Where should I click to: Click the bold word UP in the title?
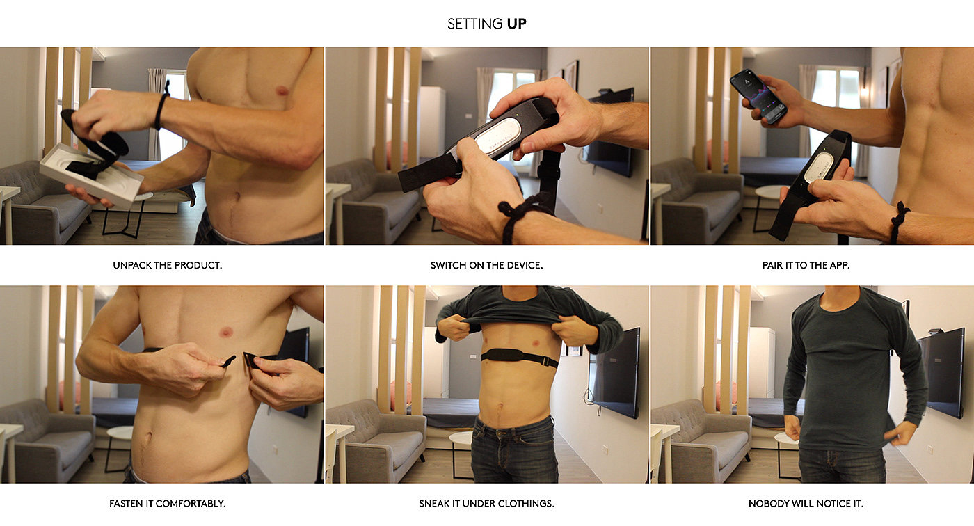click(516, 24)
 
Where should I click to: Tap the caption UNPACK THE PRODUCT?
click(168, 265)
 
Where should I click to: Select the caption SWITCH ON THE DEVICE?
click(486, 265)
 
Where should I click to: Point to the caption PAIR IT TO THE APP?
click(806, 265)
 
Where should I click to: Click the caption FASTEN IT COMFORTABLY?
click(168, 504)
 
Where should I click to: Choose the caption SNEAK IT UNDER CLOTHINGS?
click(486, 504)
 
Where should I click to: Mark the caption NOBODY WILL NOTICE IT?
click(806, 504)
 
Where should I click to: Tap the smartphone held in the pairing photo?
click(758, 96)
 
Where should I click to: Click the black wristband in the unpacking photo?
click(161, 109)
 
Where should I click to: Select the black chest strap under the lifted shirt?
click(520, 358)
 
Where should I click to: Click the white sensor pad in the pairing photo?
click(818, 168)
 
